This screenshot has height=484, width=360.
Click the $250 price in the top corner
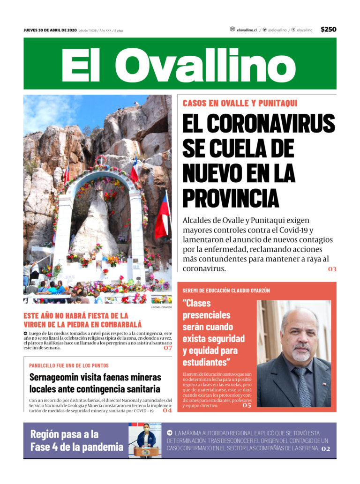pos(328,29)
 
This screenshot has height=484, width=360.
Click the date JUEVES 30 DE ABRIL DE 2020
pos(50,30)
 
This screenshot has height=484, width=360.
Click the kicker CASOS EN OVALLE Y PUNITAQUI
pos(240,103)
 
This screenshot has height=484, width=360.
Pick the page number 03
pos(332,269)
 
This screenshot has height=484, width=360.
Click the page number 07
pos(168,348)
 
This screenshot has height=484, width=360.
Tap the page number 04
pos(167,410)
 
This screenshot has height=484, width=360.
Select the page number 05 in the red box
pos(247,405)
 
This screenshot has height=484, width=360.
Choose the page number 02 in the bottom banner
pos(326,449)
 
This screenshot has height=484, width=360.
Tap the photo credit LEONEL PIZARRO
pos(161,307)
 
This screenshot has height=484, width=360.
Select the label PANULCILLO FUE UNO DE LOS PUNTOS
pos(68,365)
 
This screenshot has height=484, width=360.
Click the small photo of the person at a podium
pos(145,440)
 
